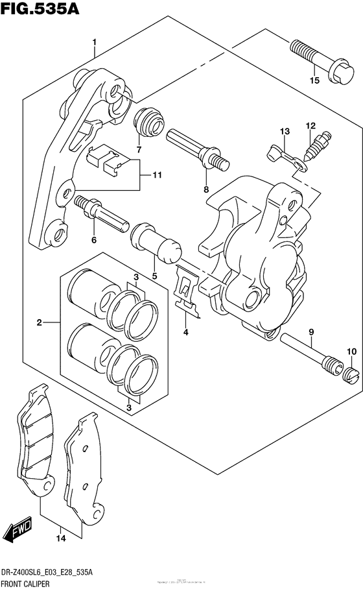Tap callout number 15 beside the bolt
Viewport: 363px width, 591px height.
click(314, 81)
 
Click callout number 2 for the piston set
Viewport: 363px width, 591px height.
click(39, 322)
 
